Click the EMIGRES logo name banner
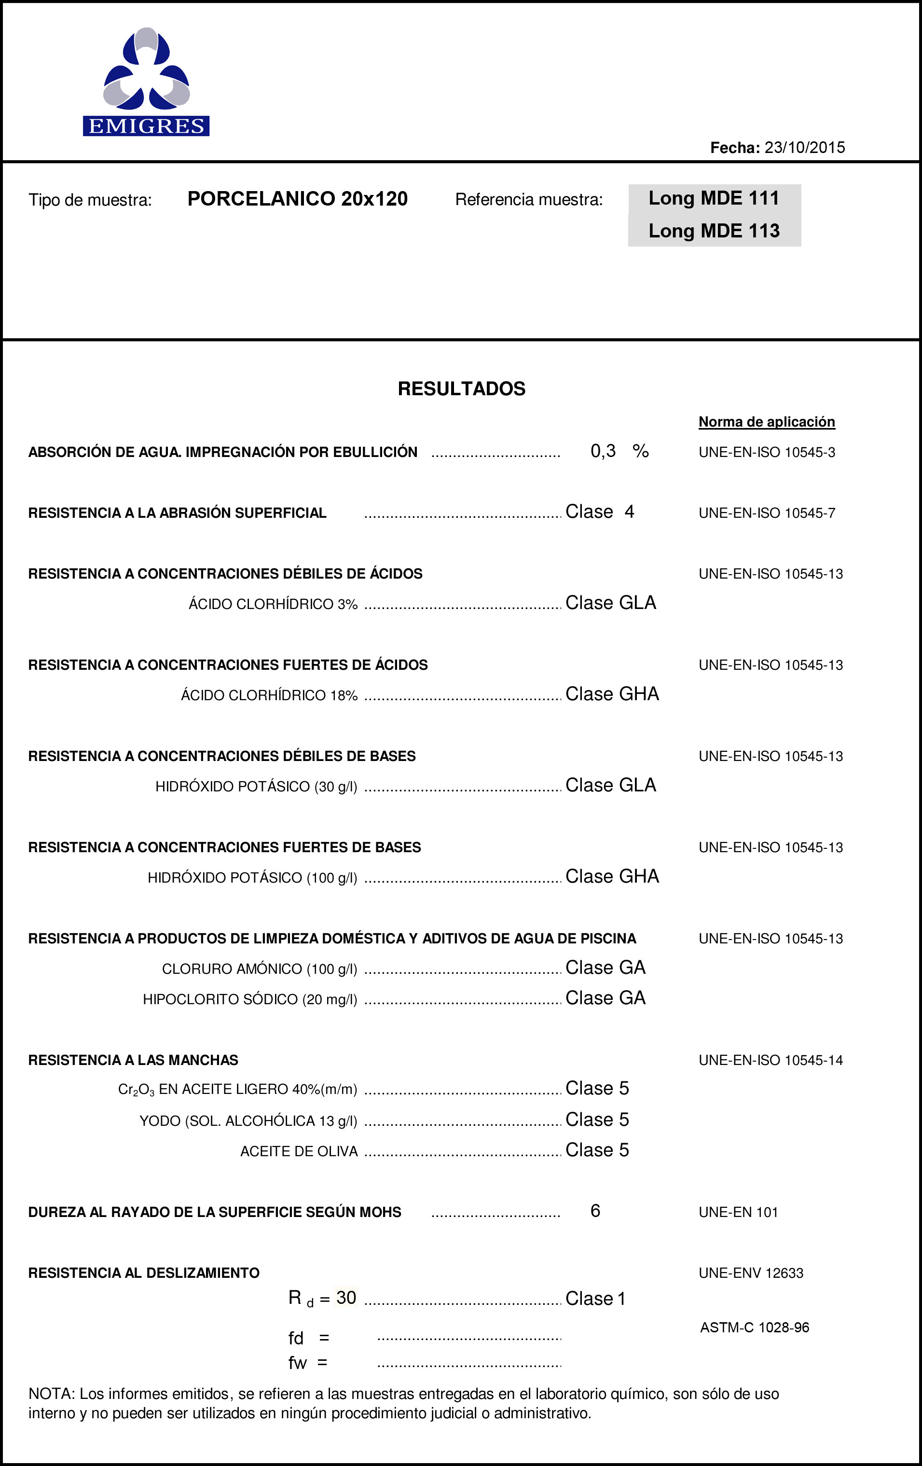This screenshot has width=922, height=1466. [x=146, y=126]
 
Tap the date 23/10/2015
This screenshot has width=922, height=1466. [x=805, y=147]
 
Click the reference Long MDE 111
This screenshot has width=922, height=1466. [x=714, y=198]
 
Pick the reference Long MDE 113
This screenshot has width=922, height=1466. [x=714, y=231]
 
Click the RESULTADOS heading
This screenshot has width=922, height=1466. [x=461, y=388]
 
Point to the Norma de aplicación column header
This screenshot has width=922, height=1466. [x=766, y=422]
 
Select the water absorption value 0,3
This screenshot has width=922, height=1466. [x=603, y=451]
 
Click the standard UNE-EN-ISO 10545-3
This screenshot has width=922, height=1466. [x=767, y=452]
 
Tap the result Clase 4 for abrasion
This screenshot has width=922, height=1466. [x=599, y=512]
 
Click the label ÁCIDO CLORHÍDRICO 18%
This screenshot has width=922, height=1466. [x=269, y=695]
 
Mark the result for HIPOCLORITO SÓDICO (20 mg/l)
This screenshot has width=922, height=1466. [x=605, y=998]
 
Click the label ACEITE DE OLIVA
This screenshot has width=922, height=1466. [x=299, y=1151]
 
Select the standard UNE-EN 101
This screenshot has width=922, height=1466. [x=738, y=1212]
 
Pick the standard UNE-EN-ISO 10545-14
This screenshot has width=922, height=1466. [x=771, y=1060]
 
